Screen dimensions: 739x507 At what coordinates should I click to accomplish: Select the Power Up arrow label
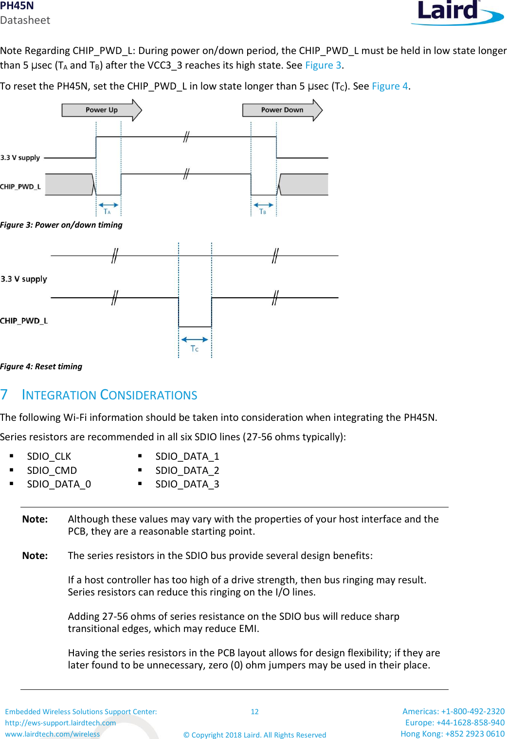pos(101,110)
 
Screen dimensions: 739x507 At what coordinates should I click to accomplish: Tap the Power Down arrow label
pos(282,110)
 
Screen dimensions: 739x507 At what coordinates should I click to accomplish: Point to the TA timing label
pos(107,212)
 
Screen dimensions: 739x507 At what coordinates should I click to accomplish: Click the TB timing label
pos(263,212)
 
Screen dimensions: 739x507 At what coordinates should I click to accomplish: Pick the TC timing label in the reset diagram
pos(195,349)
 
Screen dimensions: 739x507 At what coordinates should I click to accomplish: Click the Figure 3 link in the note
pos(323,65)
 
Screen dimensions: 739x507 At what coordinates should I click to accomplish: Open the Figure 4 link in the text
pos(390,86)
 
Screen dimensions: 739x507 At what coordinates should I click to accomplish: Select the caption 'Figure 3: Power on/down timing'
pos(61,225)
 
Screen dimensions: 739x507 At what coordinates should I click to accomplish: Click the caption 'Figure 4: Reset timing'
pos(41,366)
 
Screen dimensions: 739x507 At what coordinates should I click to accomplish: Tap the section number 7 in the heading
pos(4,395)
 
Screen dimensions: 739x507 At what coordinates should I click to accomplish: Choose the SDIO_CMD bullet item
pos(52,470)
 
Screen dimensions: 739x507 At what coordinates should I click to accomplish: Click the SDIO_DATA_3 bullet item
pos(187,484)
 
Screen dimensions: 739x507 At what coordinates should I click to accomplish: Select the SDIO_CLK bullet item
pos(49,456)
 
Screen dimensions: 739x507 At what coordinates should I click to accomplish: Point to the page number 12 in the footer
pos(254,712)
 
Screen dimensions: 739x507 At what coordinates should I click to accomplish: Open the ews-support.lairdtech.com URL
pos(60,723)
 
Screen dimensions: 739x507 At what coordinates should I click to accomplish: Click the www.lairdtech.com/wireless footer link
pos(53,734)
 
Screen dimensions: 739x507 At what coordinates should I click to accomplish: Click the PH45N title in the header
pos(17,6)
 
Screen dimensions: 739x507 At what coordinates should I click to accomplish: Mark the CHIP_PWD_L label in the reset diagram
pos(24,321)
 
